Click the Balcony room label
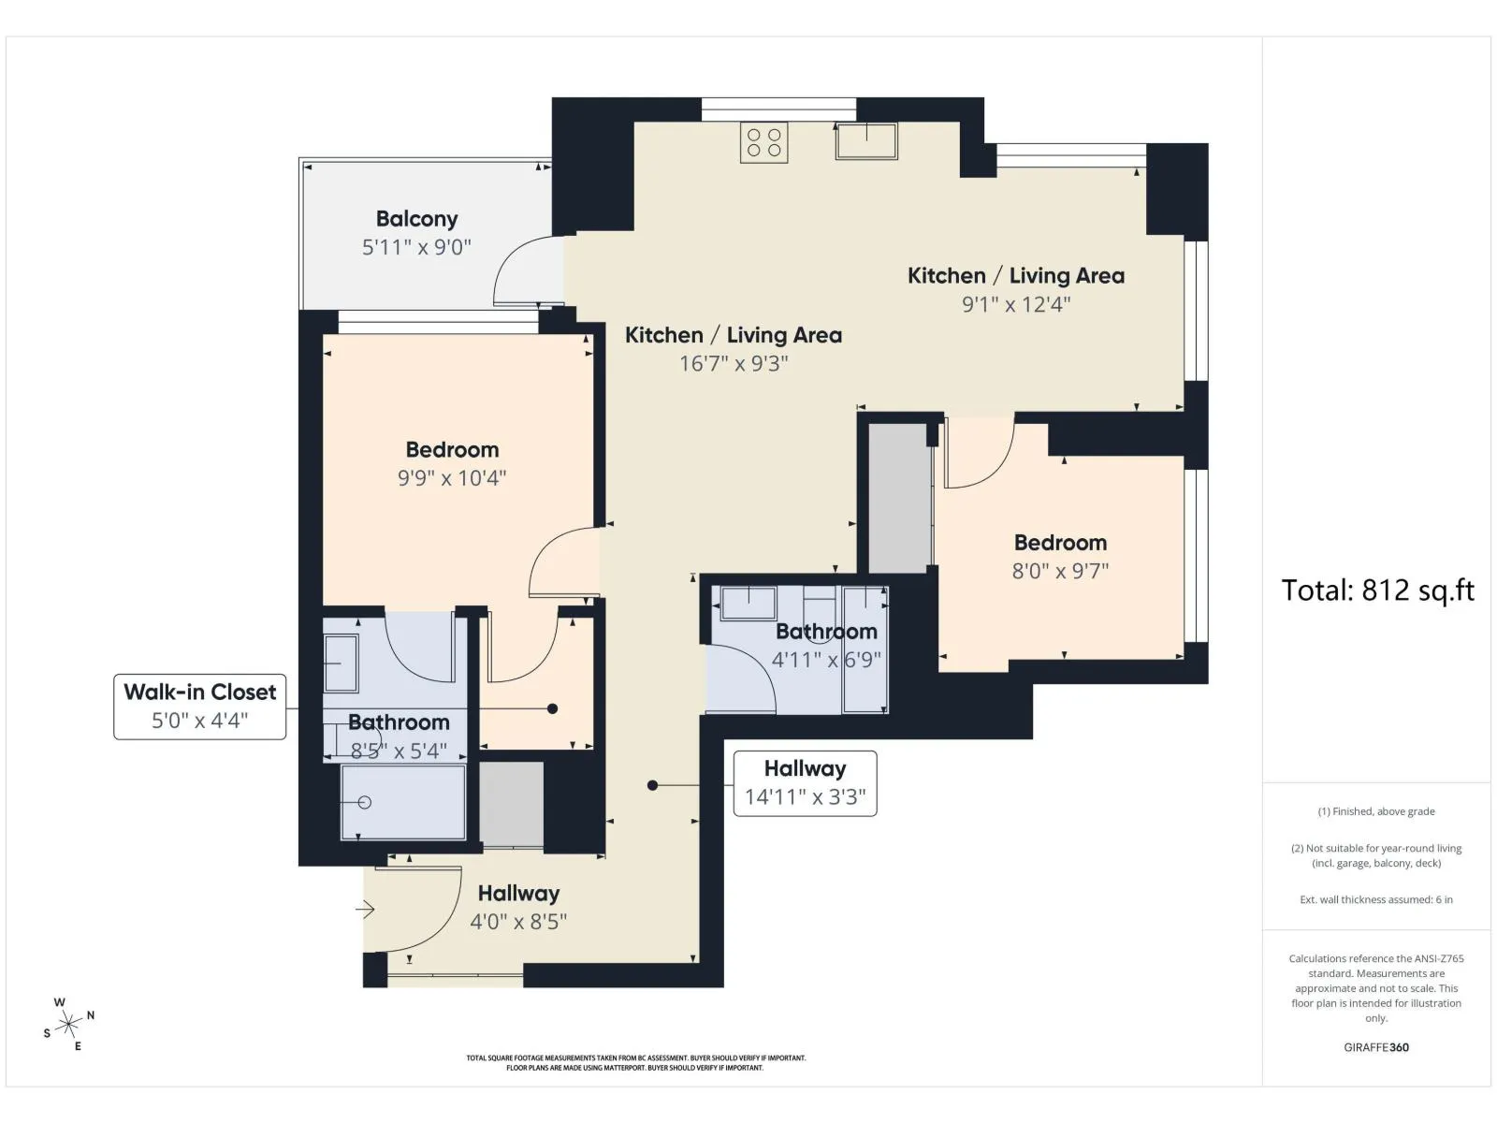416,219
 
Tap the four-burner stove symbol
763,142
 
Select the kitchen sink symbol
866,140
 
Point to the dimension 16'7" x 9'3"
734,363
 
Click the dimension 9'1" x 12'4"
1016,304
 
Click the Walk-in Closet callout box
200,707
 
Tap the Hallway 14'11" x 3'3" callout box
805,783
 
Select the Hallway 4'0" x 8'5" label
518,908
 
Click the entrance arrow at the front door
365,909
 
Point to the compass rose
68,1024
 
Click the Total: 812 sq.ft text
1377,591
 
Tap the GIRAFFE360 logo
1376,1047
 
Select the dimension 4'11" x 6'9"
826,660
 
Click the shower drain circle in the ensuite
365,803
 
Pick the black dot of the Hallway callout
653,785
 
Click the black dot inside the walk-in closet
552,709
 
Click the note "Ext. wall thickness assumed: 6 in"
1376,899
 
